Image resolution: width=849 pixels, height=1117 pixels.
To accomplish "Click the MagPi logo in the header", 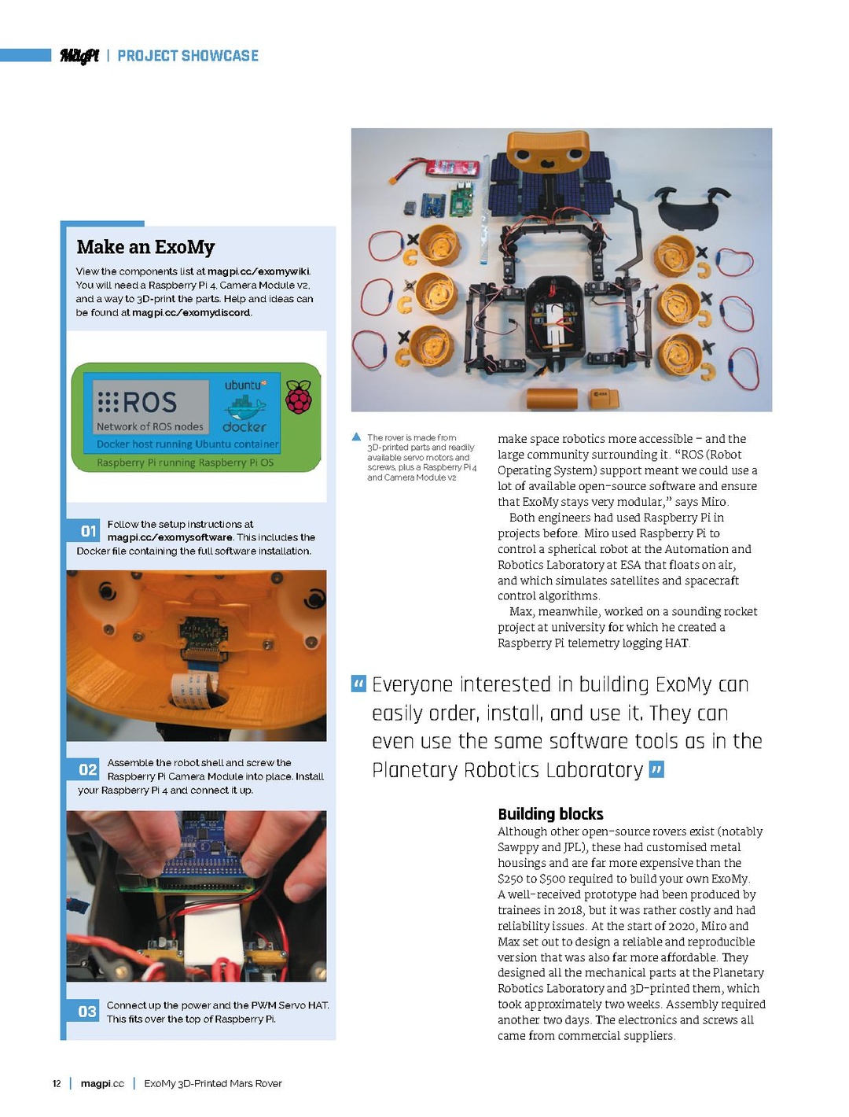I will coord(79,56).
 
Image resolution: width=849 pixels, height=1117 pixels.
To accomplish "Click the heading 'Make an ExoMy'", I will coord(145,247).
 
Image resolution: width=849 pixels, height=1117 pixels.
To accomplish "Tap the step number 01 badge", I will coord(88,531).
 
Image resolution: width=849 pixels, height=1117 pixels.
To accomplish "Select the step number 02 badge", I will coord(88,769).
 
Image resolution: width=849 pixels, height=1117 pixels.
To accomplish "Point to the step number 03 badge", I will coord(87,1012).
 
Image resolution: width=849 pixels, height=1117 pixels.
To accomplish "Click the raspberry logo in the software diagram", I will coord(299,398).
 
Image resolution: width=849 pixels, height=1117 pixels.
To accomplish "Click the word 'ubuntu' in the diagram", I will coord(244,385).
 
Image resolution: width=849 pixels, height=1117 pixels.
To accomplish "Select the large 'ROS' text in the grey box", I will coord(149,403).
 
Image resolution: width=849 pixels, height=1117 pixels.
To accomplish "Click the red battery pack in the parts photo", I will coord(454,168).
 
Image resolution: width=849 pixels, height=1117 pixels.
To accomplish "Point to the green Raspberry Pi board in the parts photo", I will coord(461,199).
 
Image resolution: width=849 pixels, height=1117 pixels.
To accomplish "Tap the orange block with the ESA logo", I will coord(603,398).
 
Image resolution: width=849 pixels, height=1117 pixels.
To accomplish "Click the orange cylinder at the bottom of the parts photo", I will coord(553,399).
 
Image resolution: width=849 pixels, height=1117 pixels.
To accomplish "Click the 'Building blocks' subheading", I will coord(550,814).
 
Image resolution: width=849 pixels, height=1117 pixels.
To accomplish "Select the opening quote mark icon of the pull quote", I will coord(358,684).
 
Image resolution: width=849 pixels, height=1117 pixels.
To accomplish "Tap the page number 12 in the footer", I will coord(57,1084).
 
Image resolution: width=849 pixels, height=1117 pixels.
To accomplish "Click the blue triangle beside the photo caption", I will coord(356,437).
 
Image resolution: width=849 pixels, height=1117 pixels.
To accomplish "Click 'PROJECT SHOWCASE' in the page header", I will coord(188,56).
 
